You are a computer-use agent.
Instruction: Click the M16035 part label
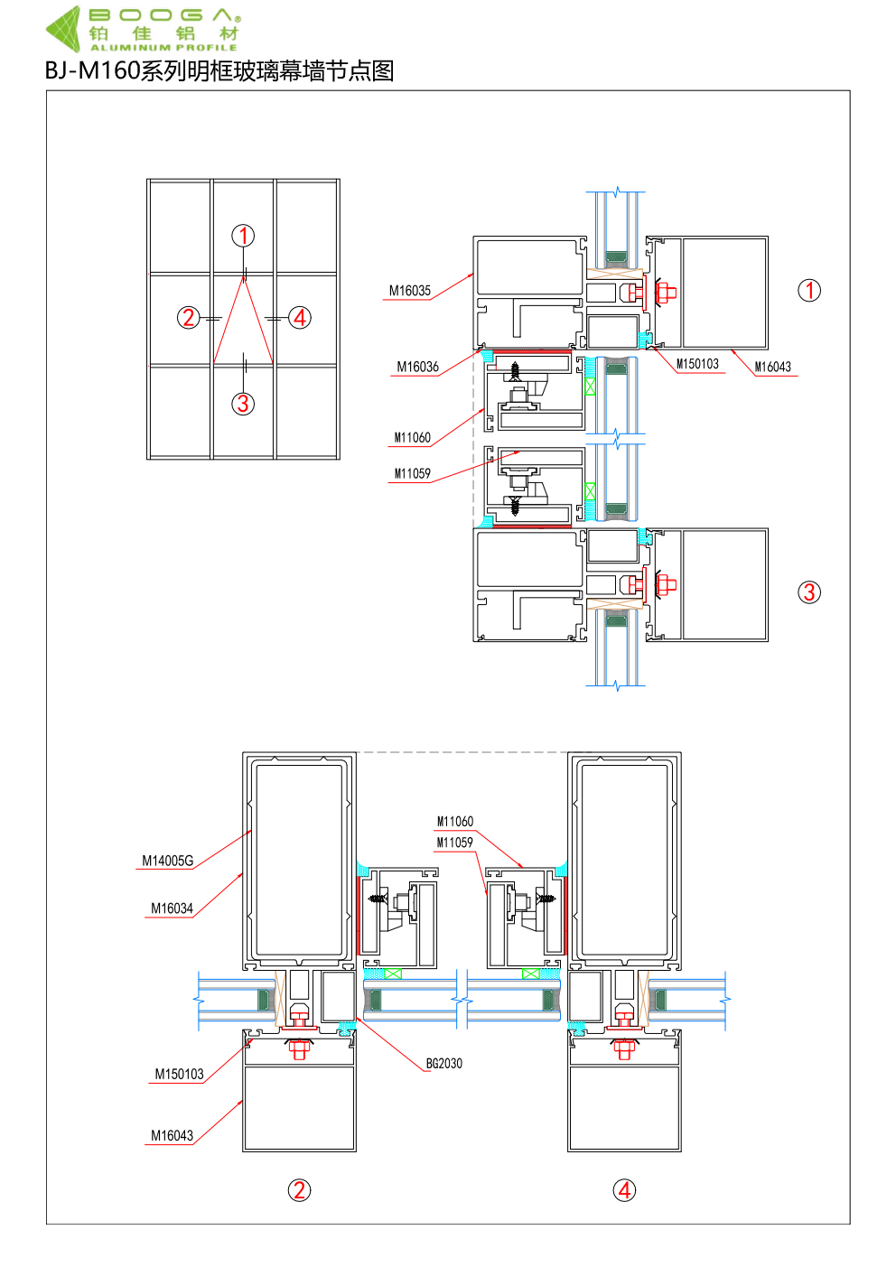[409, 291]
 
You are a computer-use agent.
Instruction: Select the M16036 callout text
[417, 367]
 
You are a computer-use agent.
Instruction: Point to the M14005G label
[167, 861]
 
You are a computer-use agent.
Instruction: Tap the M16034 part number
[172, 908]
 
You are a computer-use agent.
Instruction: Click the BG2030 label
[444, 1064]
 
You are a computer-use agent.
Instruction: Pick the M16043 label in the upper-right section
[772, 367]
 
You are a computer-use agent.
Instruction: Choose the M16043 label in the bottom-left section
[172, 1136]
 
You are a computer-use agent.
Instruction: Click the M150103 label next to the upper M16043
[697, 364]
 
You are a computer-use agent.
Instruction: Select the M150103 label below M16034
[179, 1074]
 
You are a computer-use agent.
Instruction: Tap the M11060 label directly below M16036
[412, 438]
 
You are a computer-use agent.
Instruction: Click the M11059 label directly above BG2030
[454, 843]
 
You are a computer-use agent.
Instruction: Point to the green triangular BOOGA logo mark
[63, 29]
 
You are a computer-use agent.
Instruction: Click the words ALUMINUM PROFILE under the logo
[163, 48]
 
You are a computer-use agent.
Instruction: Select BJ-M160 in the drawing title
[92, 70]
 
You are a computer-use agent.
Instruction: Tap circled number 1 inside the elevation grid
[243, 236]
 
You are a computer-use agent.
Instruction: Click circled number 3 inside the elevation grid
[243, 404]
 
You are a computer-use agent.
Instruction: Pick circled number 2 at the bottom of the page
[299, 1190]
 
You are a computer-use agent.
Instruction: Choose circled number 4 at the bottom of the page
[624, 1190]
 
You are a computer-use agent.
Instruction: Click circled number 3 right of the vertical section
[809, 592]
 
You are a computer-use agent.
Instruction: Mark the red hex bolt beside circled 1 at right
[666, 293]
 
